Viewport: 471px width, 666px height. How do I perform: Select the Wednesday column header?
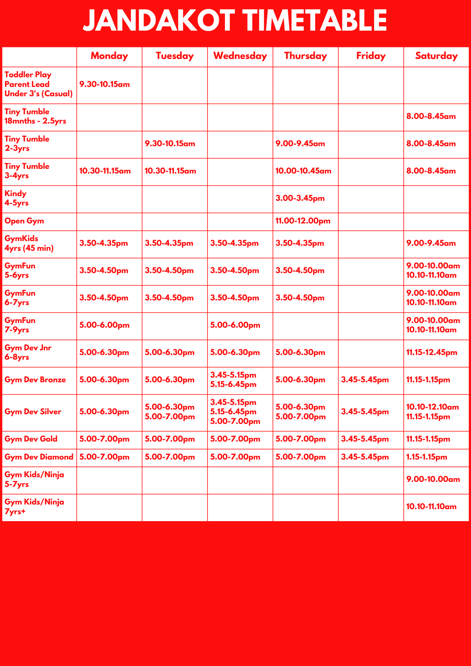pyautogui.click(x=240, y=56)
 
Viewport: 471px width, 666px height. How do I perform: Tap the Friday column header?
pyautogui.click(x=371, y=56)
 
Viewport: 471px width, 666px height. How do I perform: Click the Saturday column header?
pyautogui.click(x=436, y=56)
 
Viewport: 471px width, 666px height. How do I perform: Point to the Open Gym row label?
pyautogui.click(x=24, y=221)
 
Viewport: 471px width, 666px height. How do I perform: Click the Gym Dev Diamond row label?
pyautogui.click(x=39, y=457)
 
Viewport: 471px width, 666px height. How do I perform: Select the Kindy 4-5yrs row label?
pyautogui.click(x=17, y=198)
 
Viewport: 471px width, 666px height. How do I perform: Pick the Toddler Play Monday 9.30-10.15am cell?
pyautogui.click(x=105, y=84)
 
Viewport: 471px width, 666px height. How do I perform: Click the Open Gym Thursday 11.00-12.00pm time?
pyautogui.click(x=303, y=221)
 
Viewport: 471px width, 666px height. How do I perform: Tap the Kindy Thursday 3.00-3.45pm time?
pyautogui.click(x=300, y=198)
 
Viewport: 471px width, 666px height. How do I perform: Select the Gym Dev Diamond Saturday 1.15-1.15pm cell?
pyautogui.click(x=427, y=457)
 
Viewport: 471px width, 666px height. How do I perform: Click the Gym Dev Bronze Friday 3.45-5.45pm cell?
pyautogui.click(x=365, y=380)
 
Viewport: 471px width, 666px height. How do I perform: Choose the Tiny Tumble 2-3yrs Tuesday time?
pyautogui.click(x=170, y=144)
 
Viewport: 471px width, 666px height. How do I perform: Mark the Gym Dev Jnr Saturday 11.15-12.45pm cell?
pyautogui.click(x=432, y=353)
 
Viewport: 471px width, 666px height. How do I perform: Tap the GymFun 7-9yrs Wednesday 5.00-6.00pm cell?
pyautogui.click(x=235, y=325)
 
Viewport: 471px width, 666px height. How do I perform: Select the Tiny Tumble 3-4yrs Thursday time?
pyautogui.click(x=303, y=171)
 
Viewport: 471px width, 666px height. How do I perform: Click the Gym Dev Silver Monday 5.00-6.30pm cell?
pyautogui.click(x=104, y=412)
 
